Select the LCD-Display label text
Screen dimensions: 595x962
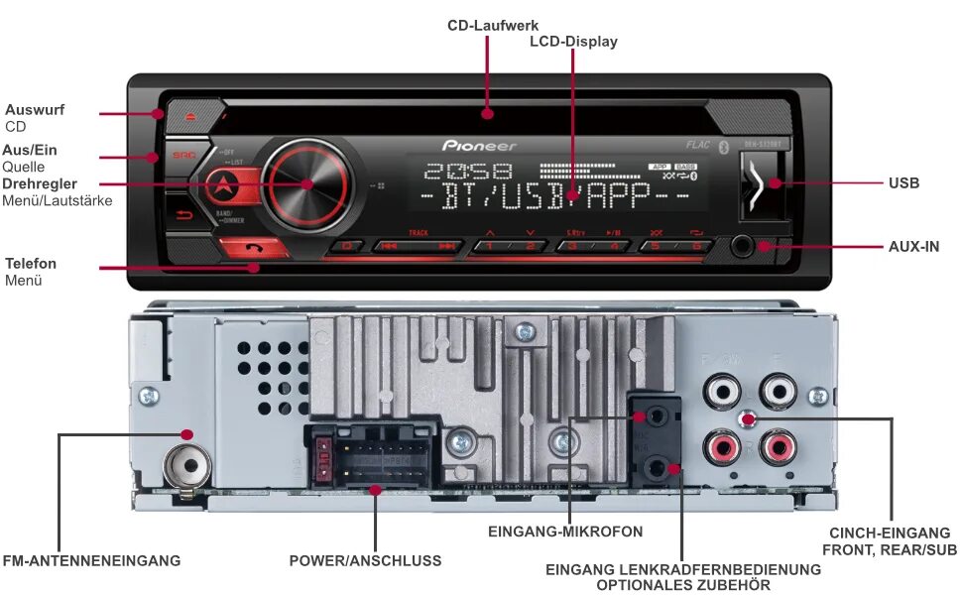point(573,42)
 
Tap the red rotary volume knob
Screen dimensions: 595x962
point(306,183)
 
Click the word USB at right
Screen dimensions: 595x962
point(903,183)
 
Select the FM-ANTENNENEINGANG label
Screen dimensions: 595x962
point(92,561)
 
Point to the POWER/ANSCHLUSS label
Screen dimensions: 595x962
point(365,561)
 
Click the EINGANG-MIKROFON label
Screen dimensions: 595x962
point(565,532)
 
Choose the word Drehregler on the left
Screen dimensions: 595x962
point(40,184)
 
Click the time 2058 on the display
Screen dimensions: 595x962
point(466,171)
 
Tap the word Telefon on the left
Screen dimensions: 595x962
point(31,264)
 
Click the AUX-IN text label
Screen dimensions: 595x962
point(913,246)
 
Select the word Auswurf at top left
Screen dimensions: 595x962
point(35,110)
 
